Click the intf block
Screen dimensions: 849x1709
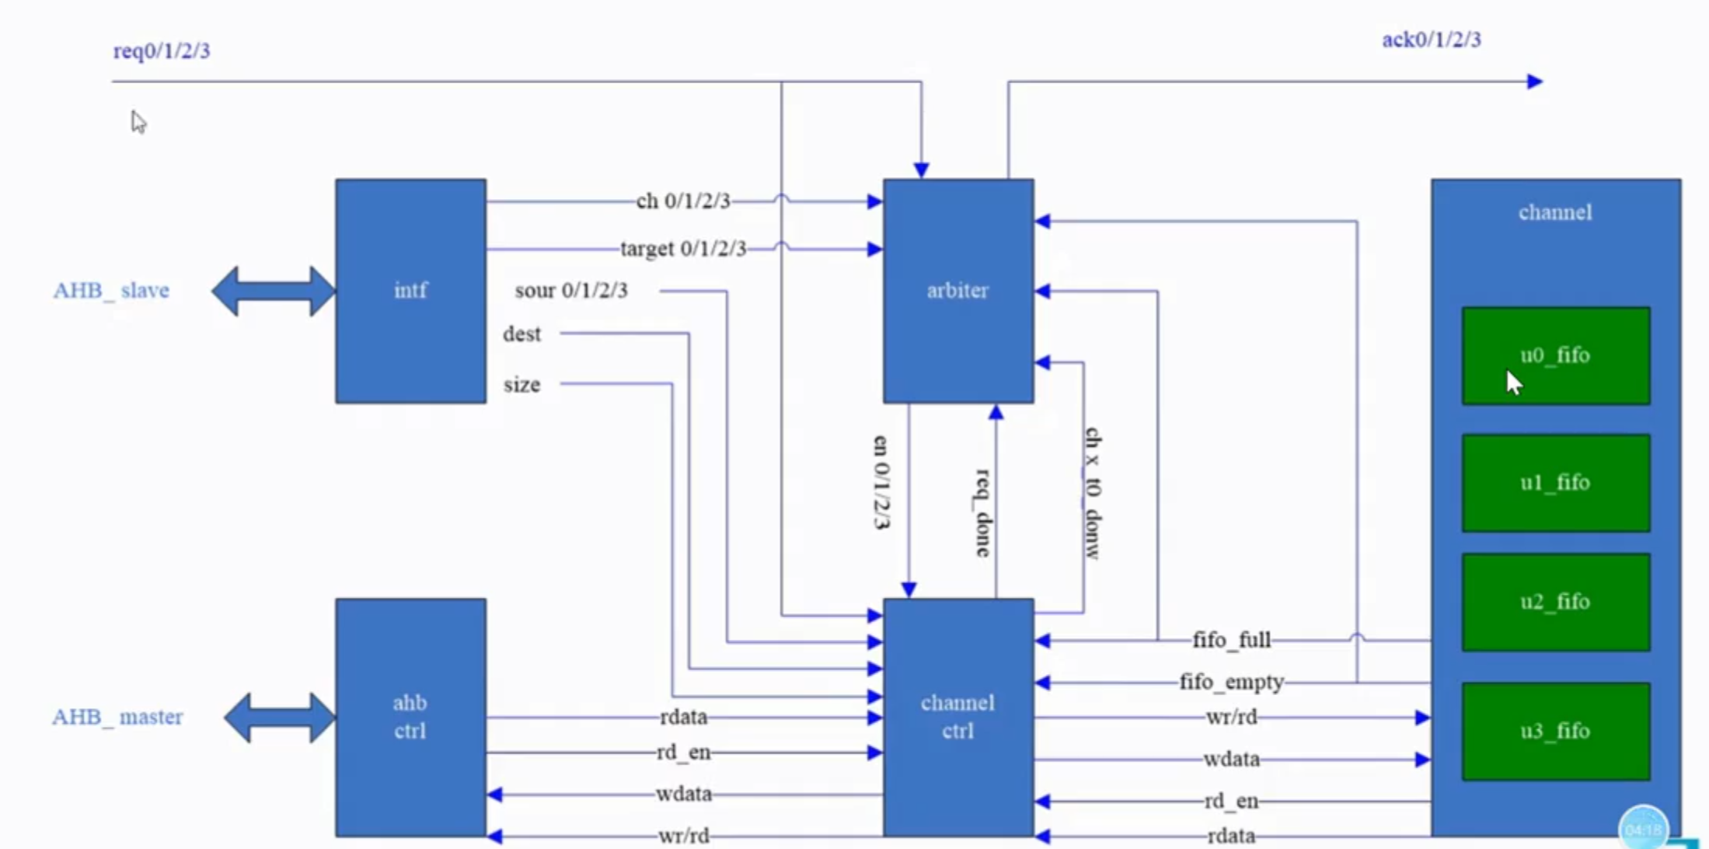(x=410, y=291)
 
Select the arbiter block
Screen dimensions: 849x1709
(x=957, y=291)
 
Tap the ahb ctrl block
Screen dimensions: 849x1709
(x=410, y=717)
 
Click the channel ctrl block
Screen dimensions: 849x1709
(x=957, y=717)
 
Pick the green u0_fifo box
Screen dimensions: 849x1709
(x=1555, y=356)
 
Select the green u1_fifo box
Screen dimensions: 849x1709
(x=1555, y=483)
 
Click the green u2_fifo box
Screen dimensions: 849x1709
(x=1555, y=602)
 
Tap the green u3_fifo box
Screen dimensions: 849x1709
(x=1555, y=731)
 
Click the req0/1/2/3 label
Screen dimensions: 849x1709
(x=162, y=51)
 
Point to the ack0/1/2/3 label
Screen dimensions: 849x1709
(x=1431, y=40)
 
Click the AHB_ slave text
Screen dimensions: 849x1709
(x=111, y=291)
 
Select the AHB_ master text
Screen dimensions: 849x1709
(x=117, y=717)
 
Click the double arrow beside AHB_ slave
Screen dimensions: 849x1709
(x=274, y=291)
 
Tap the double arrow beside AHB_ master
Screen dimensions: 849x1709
(x=280, y=717)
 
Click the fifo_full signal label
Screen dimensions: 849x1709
(x=1232, y=641)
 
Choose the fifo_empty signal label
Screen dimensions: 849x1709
(x=1232, y=683)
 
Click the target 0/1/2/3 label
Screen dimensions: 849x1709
(x=682, y=249)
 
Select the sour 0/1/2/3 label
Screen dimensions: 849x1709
(x=571, y=291)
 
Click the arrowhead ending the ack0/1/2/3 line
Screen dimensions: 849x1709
(x=1534, y=82)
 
